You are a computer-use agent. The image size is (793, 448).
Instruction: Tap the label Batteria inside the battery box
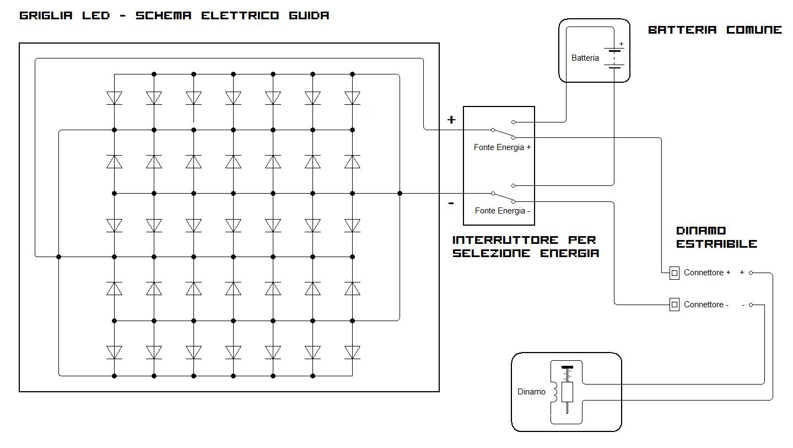pyautogui.click(x=585, y=58)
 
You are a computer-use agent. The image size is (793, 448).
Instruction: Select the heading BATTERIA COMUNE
pyautogui.click(x=715, y=30)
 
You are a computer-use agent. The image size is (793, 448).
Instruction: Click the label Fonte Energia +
pyautogui.click(x=502, y=147)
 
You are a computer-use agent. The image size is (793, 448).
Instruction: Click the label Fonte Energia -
pyautogui.click(x=502, y=211)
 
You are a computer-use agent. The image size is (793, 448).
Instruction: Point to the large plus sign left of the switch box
pyautogui.click(x=451, y=120)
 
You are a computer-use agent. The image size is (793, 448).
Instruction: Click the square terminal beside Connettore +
pyautogui.click(x=674, y=273)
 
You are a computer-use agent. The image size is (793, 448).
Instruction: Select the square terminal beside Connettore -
pyautogui.click(x=674, y=305)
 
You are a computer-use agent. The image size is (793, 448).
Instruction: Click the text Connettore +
pyautogui.click(x=706, y=273)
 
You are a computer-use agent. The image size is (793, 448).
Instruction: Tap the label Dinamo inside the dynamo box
pyautogui.click(x=531, y=392)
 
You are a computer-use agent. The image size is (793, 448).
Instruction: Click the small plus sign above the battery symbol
pyautogui.click(x=621, y=44)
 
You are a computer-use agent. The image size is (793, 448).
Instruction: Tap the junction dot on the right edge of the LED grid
pyautogui.click(x=400, y=194)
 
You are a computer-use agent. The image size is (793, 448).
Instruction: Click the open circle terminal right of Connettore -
pyautogui.click(x=751, y=305)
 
